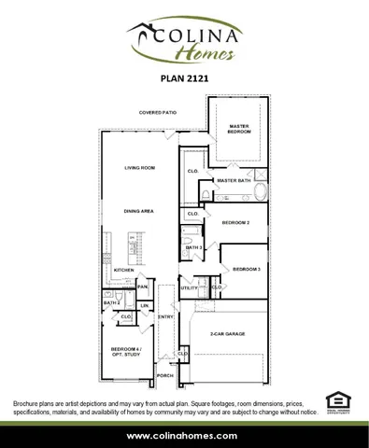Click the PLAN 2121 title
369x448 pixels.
click(183, 80)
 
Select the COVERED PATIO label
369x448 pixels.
click(158, 112)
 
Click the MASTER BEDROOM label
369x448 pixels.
click(238, 129)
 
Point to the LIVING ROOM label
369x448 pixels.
click(139, 168)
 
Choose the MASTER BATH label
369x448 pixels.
click(231, 180)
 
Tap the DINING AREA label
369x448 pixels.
click(139, 212)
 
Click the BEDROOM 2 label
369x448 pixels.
click(235, 224)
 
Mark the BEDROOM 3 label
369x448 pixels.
click(246, 269)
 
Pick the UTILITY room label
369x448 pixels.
click(189, 288)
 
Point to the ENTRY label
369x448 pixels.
click(165, 317)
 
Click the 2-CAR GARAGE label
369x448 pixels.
click(228, 333)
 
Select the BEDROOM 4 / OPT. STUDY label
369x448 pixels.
click(125, 352)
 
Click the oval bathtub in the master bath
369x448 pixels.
click(260, 192)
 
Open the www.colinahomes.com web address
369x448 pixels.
click(183, 436)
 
